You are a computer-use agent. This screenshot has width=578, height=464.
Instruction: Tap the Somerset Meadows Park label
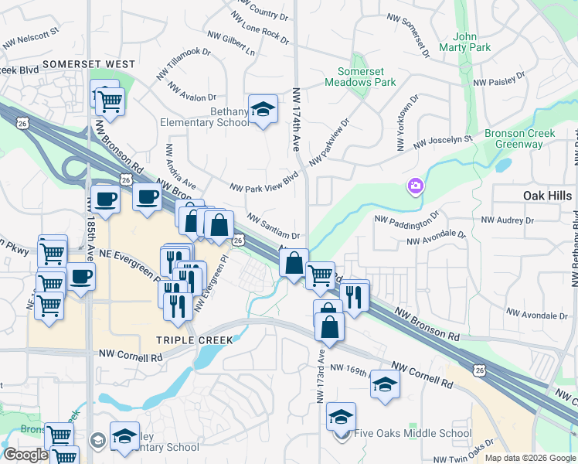pos(366,77)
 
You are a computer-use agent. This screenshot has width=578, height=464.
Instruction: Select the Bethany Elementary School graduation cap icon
pos(263,110)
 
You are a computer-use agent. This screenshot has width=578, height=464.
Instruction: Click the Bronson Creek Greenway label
pos(520,138)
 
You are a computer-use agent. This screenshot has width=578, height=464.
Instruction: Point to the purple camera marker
pos(416,186)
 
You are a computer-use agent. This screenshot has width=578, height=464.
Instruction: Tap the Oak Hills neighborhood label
pos(547,196)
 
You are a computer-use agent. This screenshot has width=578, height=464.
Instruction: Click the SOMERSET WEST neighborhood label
pos(89,64)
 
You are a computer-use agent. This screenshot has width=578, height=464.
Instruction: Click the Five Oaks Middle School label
pos(413,433)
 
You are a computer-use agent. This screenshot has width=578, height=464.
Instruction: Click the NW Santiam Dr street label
pos(273,227)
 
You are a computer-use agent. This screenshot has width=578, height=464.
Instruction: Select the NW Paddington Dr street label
pos(406,219)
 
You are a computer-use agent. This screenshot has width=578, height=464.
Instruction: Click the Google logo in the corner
pos(26,455)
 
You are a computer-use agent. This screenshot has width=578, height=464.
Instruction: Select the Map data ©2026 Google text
pos(529,458)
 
